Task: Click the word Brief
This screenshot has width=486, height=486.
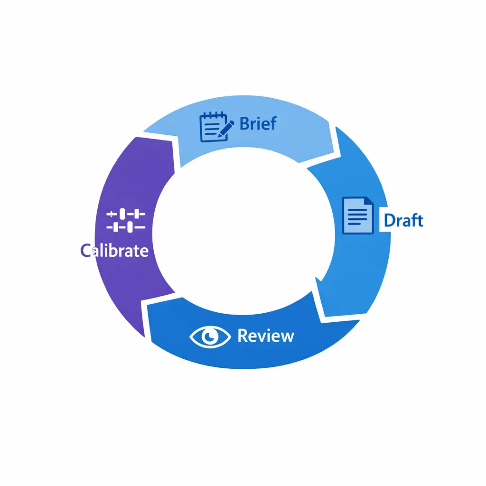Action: (x=258, y=124)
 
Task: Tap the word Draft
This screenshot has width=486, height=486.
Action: (x=403, y=220)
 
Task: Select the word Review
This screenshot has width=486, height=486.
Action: (x=266, y=336)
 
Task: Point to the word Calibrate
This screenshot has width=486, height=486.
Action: (x=114, y=250)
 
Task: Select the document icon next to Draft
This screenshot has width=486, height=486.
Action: (x=357, y=215)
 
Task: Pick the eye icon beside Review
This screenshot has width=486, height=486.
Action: (x=210, y=336)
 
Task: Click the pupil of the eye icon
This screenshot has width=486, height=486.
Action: (x=210, y=336)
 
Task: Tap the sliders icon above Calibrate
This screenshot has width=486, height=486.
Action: (x=126, y=221)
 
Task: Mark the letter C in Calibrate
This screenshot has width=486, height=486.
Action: (x=85, y=250)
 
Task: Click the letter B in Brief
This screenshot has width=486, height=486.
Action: (x=245, y=124)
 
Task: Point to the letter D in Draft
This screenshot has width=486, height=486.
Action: (x=389, y=220)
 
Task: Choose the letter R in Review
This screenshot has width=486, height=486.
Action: (x=242, y=336)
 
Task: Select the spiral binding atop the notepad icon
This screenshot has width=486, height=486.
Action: (x=212, y=115)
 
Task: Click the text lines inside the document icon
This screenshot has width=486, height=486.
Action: (x=357, y=218)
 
